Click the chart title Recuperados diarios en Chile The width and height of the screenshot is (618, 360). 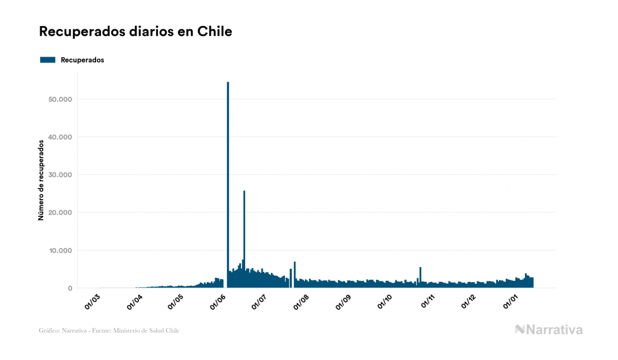(136, 32)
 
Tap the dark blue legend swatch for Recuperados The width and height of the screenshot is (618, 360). (48, 60)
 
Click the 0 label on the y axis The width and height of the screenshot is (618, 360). (69, 288)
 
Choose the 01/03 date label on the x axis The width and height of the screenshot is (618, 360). (92, 301)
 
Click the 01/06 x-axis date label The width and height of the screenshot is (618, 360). (218, 301)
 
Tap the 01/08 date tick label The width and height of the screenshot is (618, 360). (301, 301)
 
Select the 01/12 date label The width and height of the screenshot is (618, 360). (468, 301)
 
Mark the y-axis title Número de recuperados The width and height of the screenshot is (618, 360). (41, 181)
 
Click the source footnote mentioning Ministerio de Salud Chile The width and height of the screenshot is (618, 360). (109, 331)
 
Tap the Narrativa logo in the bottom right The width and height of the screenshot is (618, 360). (549, 330)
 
